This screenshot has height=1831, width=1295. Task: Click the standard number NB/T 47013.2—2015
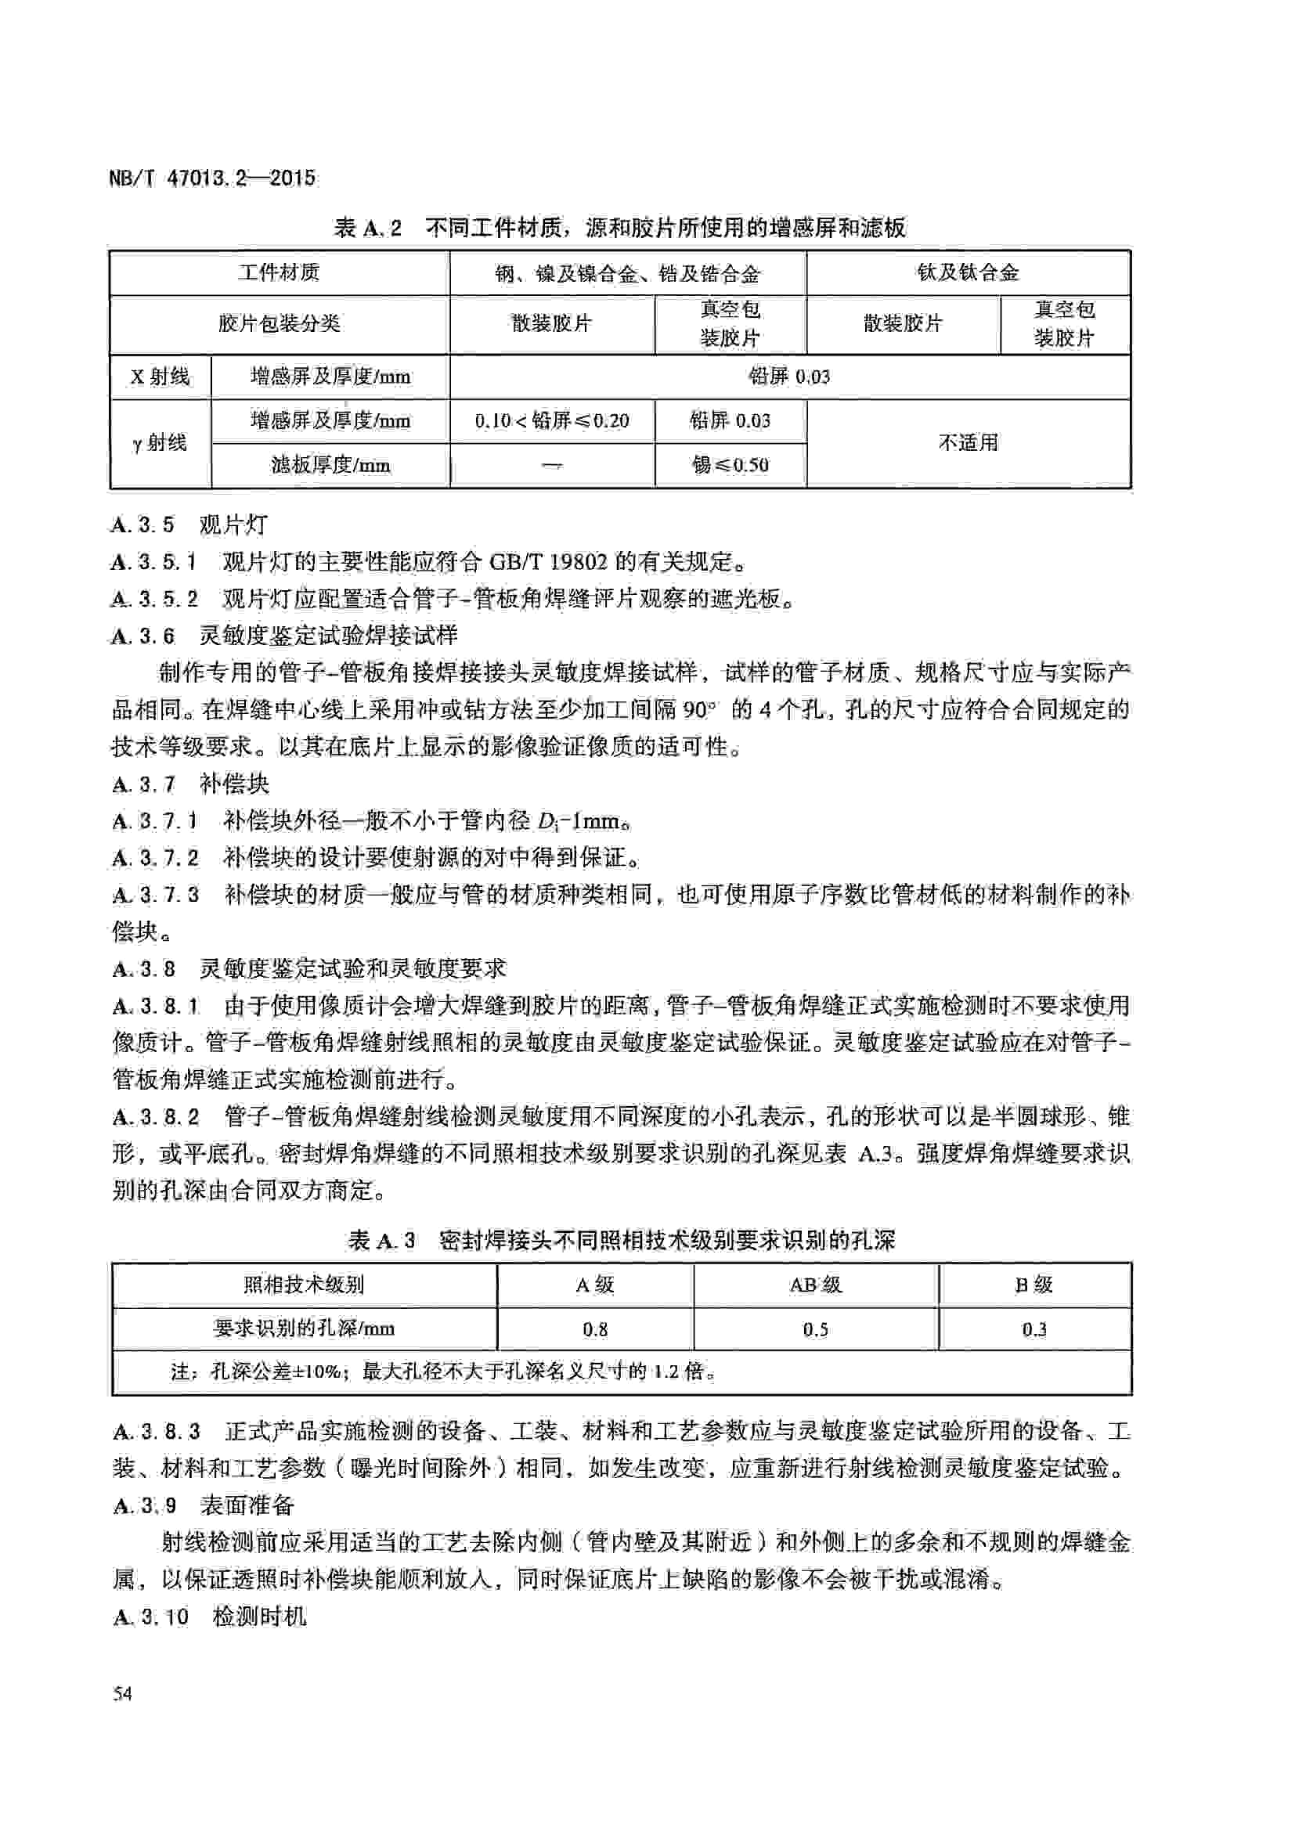[212, 177]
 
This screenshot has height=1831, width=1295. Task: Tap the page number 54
[123, 1693]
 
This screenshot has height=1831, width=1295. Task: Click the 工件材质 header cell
[279, 272]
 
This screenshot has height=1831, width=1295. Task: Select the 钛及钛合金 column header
[967, 272]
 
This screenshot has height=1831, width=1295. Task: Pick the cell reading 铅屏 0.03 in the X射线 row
[789, 377]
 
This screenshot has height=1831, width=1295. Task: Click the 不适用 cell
[967, 442]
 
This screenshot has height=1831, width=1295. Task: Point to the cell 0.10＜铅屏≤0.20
[552, 421]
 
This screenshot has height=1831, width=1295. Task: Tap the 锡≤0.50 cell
[730, 465]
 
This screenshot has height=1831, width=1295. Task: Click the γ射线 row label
[161, 442]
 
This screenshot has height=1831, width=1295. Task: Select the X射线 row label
[161, 377]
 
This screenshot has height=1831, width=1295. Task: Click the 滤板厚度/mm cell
[330, 465]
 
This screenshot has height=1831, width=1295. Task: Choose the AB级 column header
[815, 1285]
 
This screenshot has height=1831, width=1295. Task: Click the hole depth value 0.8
[595, 1328]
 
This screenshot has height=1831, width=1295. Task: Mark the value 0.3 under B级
[1034, 1328]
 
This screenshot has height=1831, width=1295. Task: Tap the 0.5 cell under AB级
[815, 1328]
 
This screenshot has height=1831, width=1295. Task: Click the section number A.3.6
[142, 636]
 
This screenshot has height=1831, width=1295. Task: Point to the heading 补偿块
[234, 784]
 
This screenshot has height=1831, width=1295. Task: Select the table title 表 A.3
[382, 1240]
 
